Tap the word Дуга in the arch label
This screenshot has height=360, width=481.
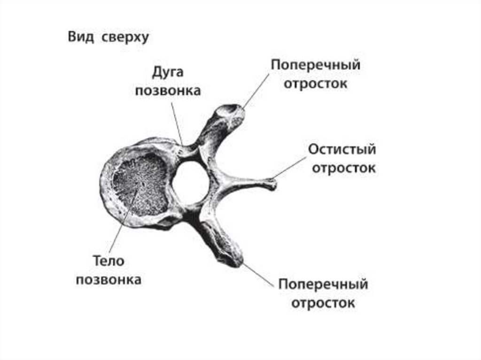pyautogui.click(x=167, y=73)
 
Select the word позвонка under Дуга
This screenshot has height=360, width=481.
pyautogui.click(x=168, y=91)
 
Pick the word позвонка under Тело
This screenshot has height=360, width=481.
pyautogui.click(x=109, y=280)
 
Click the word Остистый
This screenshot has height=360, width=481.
pyautogui.click(x=342, y=150)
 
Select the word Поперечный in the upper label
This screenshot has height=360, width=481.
pyautogui.click(x=315, y=65)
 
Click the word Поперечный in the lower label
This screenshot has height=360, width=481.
pyautogui.click(x=323, y=284)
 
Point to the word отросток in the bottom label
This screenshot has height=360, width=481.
pyautogui.click(x=323, y=303)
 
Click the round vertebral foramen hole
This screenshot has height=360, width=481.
pyautogui.click(x=190, y=183)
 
